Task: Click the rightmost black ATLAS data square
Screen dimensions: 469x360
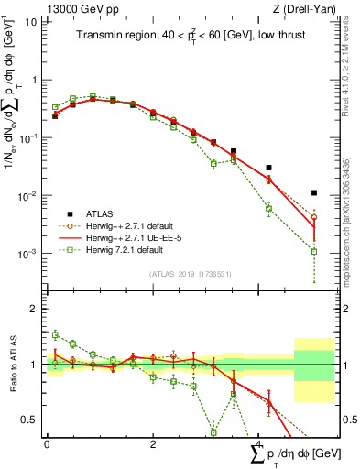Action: (x=314, y=193)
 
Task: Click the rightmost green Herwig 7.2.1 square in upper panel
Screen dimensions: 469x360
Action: (x=314, y=251)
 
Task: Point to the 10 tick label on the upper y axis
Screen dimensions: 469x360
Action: (x=30, y=21)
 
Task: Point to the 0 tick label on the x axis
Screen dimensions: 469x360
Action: (x=47, y=443)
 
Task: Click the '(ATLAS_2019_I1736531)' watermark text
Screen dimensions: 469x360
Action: (x=191, y=274)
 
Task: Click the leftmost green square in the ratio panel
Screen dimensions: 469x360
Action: (x=55, y=335)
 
